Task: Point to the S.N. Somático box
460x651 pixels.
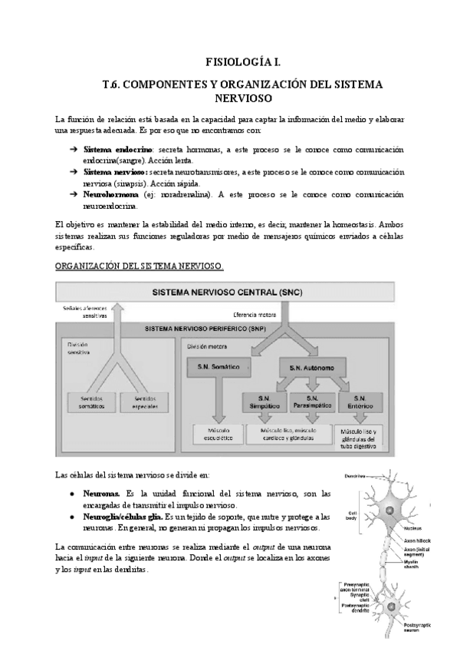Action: [214, 368]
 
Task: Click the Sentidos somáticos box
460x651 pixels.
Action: [90, 402]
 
